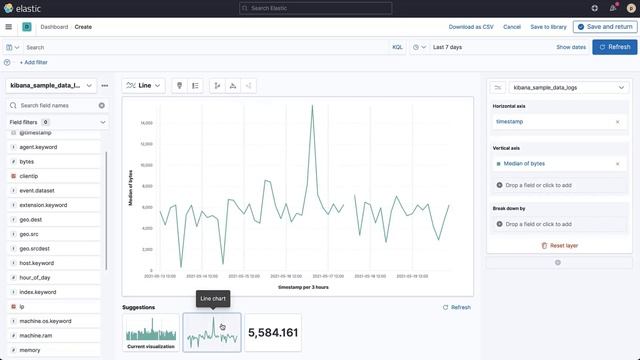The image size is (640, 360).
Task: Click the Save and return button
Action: [605, 26]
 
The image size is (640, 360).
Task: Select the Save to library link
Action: [548, 27]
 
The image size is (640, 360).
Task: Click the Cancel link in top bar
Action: [512, 27]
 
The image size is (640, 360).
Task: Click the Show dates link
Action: [571, 47]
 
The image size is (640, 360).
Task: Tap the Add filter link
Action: [34, 62]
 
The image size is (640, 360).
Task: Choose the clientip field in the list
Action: [29, 175]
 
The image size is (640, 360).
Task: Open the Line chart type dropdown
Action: [143, 86]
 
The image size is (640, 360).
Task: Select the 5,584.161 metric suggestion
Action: [272, 332]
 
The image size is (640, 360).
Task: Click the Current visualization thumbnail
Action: [150, 332]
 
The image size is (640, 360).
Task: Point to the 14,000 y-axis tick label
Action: [145, 123]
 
